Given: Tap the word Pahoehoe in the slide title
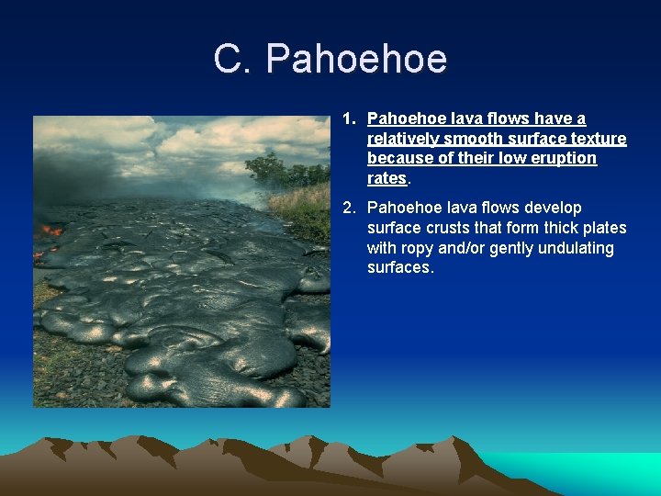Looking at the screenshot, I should click(x=356, y=59).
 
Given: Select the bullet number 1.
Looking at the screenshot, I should click(x=349, y=118).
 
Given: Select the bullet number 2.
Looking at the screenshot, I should click(x=349, y=208).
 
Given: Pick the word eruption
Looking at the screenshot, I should click(x=566, y=158).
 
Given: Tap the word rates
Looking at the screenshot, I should click(x=387, y=178).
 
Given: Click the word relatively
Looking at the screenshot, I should click(x=402, y=139).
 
